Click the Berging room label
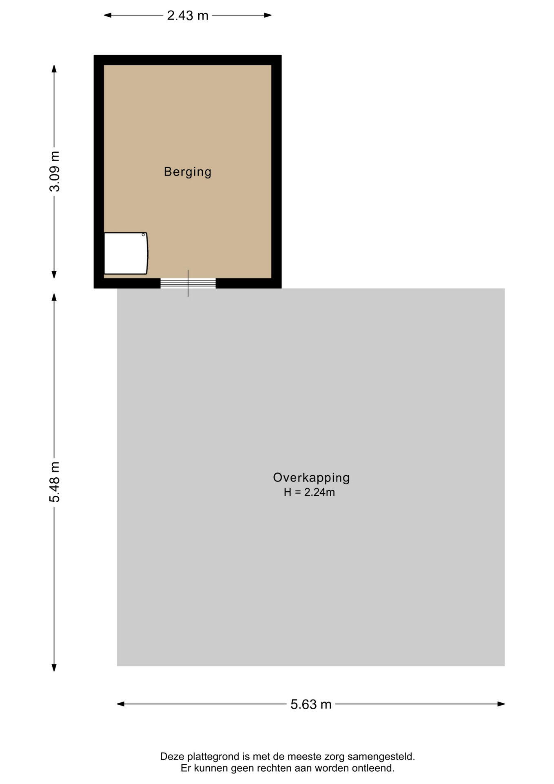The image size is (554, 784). coord(188,172)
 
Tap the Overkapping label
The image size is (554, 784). coord(311,478)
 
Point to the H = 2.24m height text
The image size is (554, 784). coord(309,492)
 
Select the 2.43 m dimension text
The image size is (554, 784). coord(188,16)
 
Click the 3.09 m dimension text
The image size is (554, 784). coord(54,171)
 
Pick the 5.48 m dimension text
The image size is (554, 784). coord(54,482)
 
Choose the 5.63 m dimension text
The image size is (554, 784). coord(311,704)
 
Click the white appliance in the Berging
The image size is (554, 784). coord(126,253)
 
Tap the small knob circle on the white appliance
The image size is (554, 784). coord(143,235)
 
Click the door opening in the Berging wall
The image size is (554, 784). coord(188,283)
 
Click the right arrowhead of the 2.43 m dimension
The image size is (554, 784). coord(268,16)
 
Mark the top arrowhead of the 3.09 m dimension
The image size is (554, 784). coord(54,69)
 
